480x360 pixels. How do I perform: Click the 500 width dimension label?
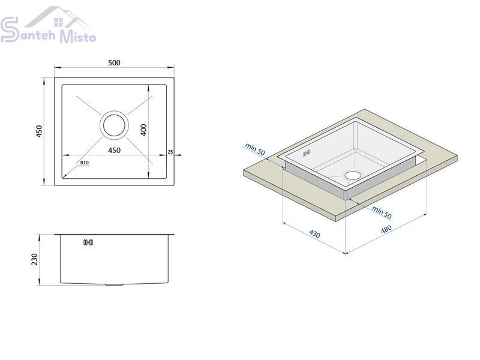click(114, 63)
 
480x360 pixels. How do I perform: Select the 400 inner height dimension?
click(143, 130)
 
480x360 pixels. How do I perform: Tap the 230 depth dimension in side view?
click(34, 260)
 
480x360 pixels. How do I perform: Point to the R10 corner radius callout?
click(85, 162)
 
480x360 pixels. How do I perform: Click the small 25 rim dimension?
click(170, 152)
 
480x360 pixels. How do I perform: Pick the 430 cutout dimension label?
click(314, 234)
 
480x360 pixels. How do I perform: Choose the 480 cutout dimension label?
click(386, 229)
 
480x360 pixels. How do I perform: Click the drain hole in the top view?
click(114, 125)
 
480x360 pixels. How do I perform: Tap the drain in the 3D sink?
click(353, 175)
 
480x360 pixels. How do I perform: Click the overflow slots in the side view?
click(88, 243)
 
